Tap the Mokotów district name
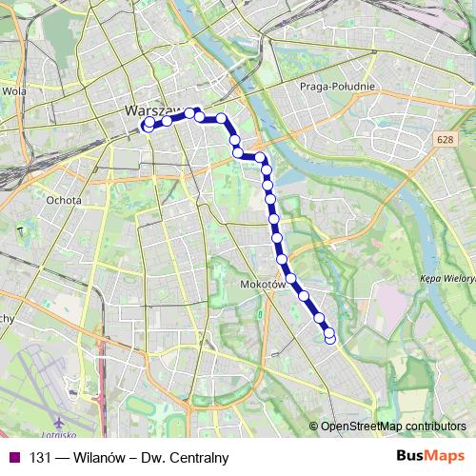[262, 285]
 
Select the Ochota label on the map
[64, 201]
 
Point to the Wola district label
[14, 91]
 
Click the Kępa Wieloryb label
[447, 278]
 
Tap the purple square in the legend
[14, 458]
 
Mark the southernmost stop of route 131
[330, 338]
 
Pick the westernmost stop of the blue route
[148, 125]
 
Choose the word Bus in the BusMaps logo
[409, 458]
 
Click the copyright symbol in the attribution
[314, 426]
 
